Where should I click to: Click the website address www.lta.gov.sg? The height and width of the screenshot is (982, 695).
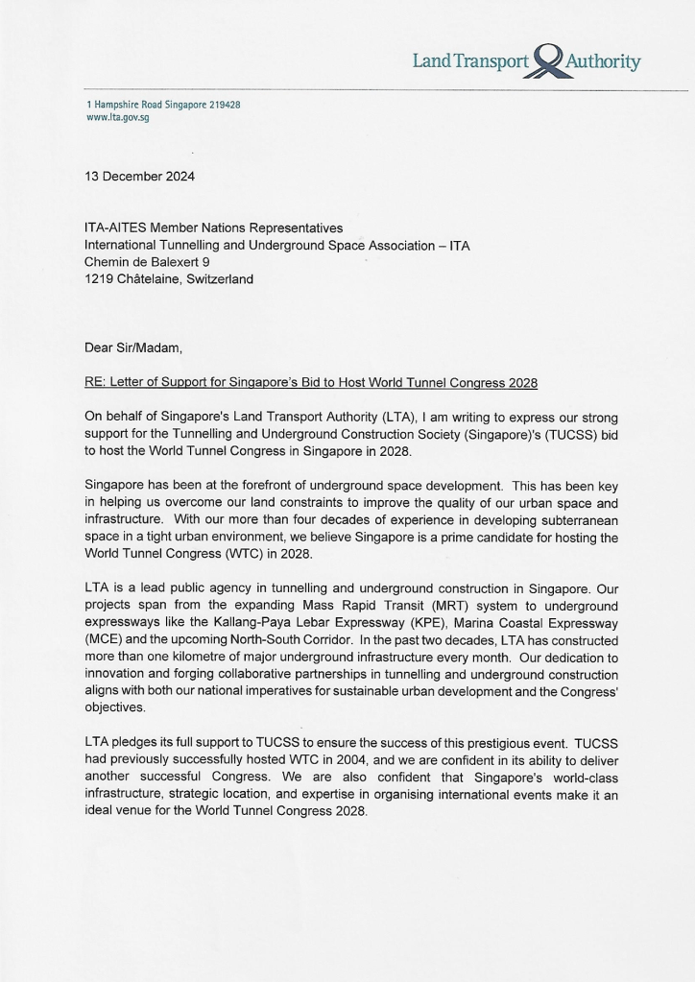pos(118,117)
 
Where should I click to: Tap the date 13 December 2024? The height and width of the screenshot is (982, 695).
pos(139,177)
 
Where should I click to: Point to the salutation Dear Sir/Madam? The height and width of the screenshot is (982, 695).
pos(133,349)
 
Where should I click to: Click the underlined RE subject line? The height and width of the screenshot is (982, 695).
pos(311,383)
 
